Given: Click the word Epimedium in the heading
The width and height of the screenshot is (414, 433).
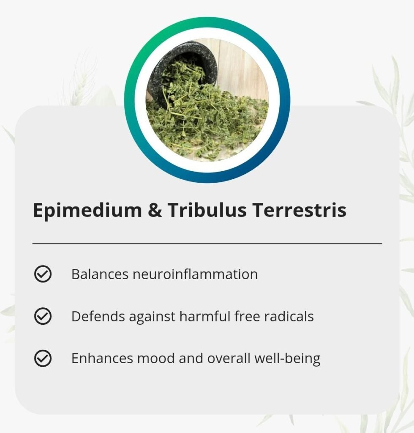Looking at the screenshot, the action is point(87,211).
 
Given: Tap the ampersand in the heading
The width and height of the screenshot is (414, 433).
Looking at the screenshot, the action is point(155,210).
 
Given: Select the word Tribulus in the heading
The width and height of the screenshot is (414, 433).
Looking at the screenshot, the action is point(207,210).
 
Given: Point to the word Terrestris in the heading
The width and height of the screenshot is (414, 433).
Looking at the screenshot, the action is point(299,210).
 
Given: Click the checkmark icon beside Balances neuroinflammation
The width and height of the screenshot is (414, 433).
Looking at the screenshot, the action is point(43,274).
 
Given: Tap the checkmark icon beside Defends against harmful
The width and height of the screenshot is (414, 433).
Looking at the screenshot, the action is point(43,316).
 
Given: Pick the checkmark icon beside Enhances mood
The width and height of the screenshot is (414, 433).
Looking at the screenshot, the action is point(43,358).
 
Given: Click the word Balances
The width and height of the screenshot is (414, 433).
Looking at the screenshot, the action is point(100,274).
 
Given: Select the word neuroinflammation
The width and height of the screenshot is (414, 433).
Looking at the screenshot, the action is point(195,274).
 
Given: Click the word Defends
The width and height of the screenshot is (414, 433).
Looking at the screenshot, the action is point(98,316).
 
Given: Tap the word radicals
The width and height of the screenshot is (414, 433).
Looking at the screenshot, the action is point(289,316).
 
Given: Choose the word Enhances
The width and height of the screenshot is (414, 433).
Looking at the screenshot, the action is point(102,358).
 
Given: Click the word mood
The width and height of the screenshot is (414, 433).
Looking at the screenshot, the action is point(156,358).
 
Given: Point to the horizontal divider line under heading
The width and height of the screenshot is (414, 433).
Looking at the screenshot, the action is point(207,244).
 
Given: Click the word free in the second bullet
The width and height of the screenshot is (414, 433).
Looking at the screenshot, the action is point(247,316).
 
